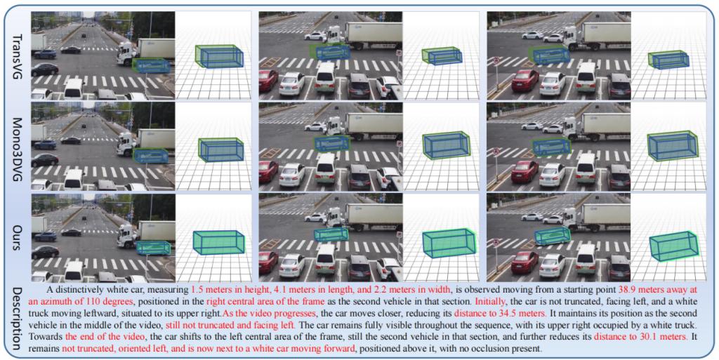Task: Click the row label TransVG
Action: coord(18,56)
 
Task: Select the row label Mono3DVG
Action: coord(18,149)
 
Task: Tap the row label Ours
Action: coord(18,238)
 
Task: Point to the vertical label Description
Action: coord(18,319)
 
